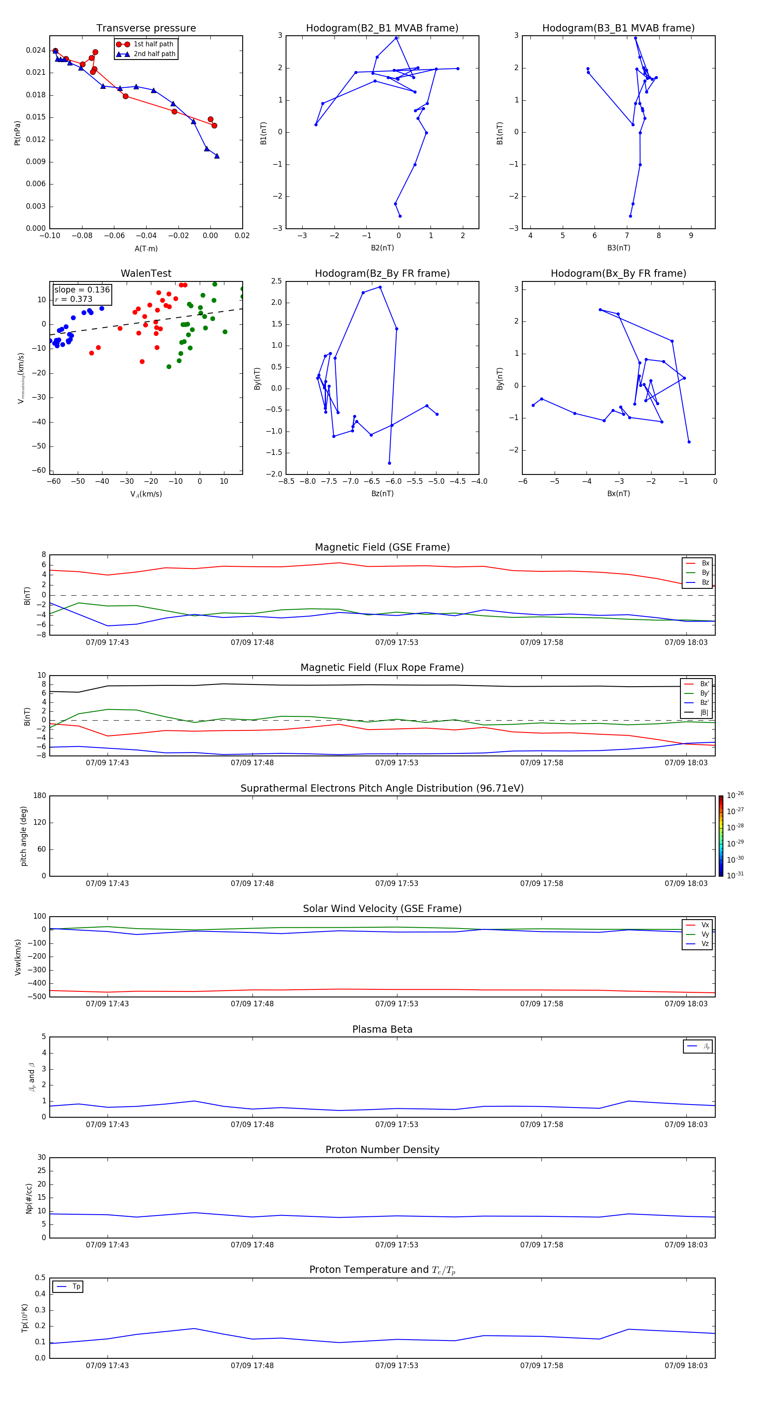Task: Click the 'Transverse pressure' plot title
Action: point(146,28)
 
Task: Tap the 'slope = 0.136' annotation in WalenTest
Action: point(82,290)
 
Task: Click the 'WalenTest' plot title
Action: point(146,273)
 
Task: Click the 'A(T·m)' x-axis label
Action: point(146,249)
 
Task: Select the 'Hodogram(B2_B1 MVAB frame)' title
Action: point(382,28)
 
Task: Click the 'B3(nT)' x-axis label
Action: point(618,248)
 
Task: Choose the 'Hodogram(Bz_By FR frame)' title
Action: point(382,273)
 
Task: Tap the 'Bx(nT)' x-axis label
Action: point(618,494)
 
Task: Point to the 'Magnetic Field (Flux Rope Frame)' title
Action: point(382,668)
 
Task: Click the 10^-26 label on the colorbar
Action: point(735,795)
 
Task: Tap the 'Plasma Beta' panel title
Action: point(382,1029)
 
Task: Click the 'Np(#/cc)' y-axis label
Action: point(29,1198)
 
